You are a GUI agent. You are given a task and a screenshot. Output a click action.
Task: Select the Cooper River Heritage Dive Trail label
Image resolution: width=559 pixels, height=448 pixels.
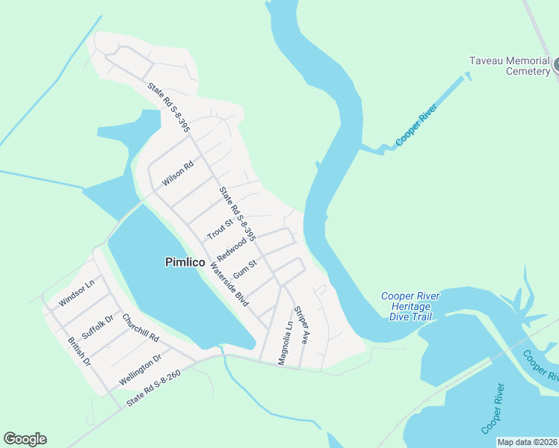pyautogui.click(x=410, y=306)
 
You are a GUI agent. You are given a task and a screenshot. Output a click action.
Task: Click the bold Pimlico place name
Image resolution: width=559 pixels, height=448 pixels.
pyautogui.click(x=185, y=262)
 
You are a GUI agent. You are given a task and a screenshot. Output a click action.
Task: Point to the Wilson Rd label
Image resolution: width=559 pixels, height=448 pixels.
pyautogui.click(x=177, y=173)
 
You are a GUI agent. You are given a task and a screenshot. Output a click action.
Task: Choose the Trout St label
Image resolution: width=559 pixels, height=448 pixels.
pyautogui.click(x=220, y=227)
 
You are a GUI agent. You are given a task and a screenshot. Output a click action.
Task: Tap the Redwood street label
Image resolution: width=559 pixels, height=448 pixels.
pyautogui.click(x=232, y=246)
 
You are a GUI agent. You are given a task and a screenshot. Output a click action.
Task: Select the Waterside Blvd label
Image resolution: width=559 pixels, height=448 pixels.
pyautogui.click(x=228, y=284)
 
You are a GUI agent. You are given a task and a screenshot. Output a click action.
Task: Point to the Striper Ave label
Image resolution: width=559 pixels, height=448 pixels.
pyautogui.click(x=300, y=324)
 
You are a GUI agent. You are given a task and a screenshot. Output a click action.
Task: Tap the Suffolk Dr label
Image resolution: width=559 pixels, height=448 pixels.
pyautogui.click(x=97, y=327)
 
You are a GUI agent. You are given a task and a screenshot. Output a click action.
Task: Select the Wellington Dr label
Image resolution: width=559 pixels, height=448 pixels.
pyautogui.click(x=140, y=370)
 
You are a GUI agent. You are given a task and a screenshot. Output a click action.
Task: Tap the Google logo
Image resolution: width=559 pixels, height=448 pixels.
pyautogui.click(x=25, y=439)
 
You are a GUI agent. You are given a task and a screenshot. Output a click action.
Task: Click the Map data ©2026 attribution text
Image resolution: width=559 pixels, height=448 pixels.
pyautogui.click(x=527, y=442)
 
